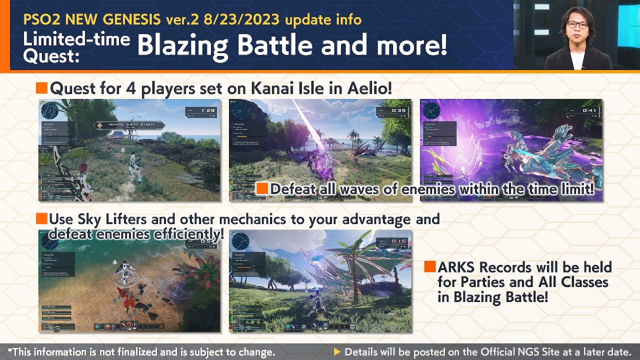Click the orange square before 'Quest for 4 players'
point(41,88)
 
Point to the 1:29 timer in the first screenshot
point(207,110)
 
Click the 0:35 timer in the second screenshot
point(399,110)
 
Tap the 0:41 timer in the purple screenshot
point(589,110)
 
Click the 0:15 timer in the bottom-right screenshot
point(399,241)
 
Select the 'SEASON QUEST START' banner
point(131,125)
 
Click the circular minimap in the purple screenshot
point(431,111)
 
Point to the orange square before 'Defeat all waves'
point(262,188)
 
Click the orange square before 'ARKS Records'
point(430,267)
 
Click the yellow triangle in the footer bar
point(337,352)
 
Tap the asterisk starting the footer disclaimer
point(10,351)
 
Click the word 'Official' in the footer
point(502,352)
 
